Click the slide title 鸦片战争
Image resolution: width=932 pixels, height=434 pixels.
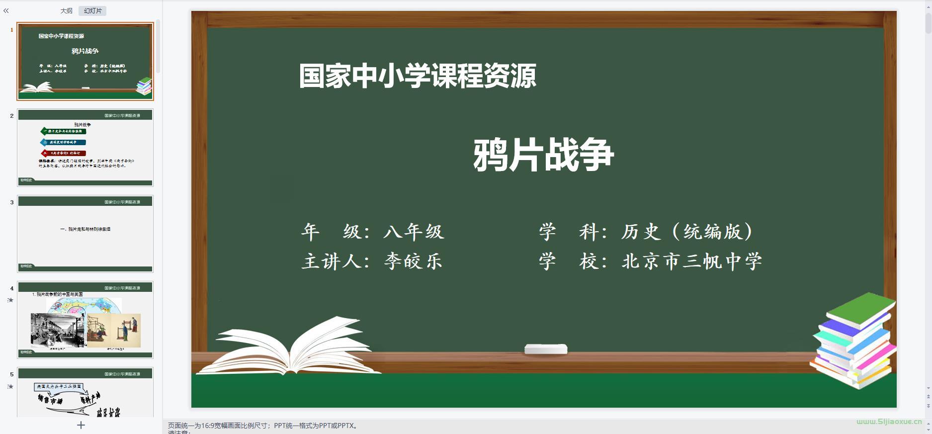pos(543,155)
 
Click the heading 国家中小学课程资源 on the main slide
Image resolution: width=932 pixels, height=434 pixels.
pos(418,76)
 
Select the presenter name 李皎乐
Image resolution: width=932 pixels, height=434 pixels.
pos(413,261)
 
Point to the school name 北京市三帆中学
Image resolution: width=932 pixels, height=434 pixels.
pos(691,261)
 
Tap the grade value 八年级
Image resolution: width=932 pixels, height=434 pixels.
pos(414,232)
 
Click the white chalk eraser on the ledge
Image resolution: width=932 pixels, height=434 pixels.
pos(546,349)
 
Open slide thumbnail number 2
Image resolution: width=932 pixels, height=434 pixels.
pos(85,148)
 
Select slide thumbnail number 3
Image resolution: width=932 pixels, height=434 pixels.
pos(85,234)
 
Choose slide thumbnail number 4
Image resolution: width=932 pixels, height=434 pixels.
pos(85,320)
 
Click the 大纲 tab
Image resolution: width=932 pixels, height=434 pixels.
pos(66,10)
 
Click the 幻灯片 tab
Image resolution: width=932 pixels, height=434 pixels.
pos(92,10)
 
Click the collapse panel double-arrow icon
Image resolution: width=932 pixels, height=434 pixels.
pos(6,10)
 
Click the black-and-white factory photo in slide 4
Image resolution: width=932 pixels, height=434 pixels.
pos(58,330)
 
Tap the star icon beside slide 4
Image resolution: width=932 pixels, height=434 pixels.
pos(10,300)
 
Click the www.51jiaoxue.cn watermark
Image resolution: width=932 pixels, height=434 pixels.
pos(889,422)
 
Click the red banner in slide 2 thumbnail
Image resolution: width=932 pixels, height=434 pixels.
pos(64,153)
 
